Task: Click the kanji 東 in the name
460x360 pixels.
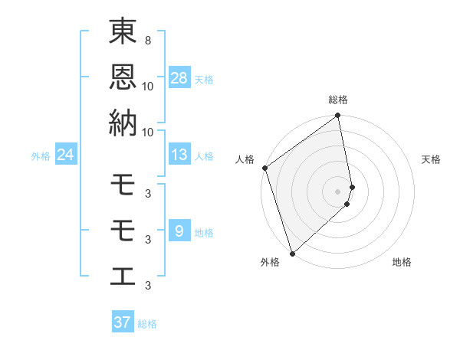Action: tap(123, 34)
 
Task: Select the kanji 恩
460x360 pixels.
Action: tap(123, 78)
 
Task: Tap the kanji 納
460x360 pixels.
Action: tap(123, 123)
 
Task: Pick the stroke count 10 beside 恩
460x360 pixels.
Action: tap(148, 86)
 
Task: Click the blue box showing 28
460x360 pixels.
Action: tap(179, 77)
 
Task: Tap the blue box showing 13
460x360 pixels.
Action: tap(179, 155)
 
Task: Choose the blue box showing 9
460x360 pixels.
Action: tap(179, 231)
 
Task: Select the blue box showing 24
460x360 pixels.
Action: tap(66, 155)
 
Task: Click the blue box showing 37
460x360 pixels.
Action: tap(123, 322)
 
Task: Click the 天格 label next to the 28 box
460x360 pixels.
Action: tap(204, 79)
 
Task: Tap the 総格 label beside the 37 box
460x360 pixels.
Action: tap(147, 324)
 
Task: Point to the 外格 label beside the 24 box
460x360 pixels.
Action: tap(41, 156)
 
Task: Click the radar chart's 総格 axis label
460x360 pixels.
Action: tap(338, 100)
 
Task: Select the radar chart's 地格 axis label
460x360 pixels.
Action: tap(402, 263)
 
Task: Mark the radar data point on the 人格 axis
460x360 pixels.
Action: tap(264, 168)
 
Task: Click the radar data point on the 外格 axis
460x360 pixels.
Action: tap(292, 253)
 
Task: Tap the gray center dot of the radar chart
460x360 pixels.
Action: tap(338, 191)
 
